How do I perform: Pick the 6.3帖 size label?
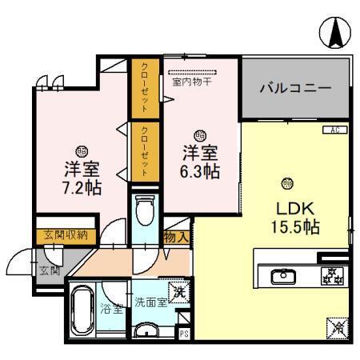(200, 170)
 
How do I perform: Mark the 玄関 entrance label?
(48, 270)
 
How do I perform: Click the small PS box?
(184, 335)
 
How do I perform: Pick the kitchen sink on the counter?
(282, 277)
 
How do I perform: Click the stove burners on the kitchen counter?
(332, 276)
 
